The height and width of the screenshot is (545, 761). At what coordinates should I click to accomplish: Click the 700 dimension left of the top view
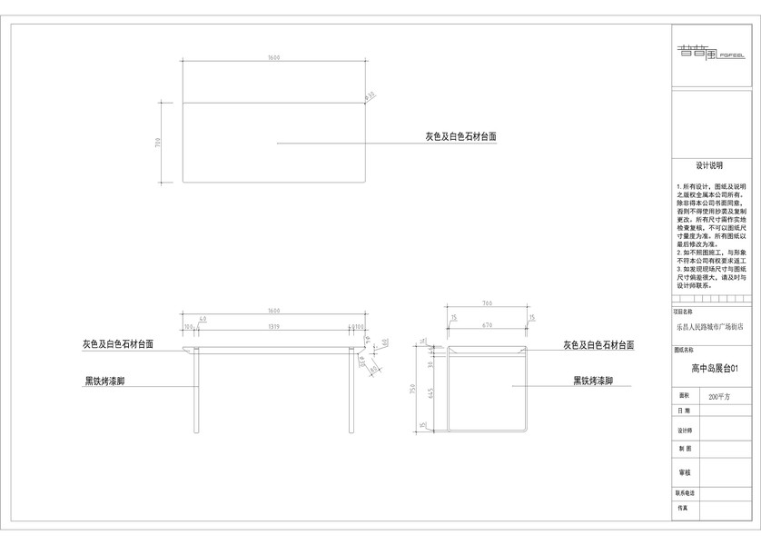[158, 143]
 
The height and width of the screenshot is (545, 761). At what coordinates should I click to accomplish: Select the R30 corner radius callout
[371, 95]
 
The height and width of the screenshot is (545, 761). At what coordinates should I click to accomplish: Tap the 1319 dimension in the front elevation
[273, 325]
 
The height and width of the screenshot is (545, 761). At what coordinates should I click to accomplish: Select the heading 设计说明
[709, 166]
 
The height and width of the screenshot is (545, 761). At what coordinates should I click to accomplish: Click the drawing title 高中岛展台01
[710, 369]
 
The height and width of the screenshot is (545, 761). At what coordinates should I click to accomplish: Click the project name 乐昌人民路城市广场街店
[709, 325]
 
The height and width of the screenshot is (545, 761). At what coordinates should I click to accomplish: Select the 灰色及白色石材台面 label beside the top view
[461, 136]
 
